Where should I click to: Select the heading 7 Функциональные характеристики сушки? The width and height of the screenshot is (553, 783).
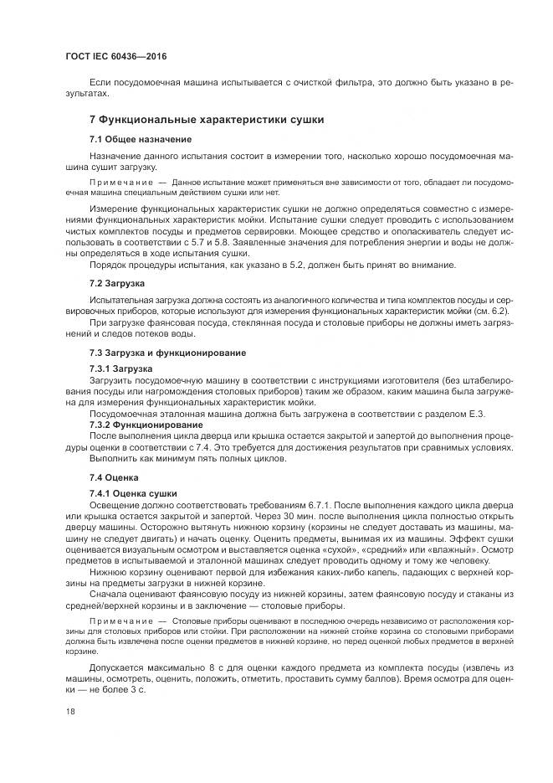tap(206, 120)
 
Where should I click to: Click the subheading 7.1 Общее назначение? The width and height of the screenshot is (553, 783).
tap(141, 139)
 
